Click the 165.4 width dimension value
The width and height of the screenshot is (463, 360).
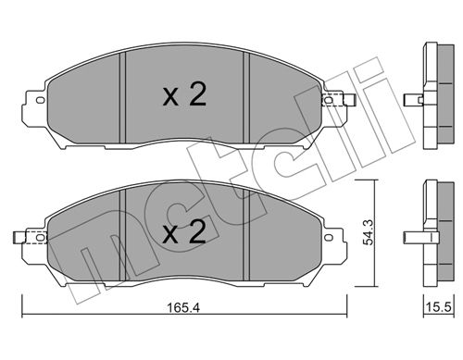click(x=183, y=307)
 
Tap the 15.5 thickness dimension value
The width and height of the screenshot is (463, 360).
click(x=439, y=307)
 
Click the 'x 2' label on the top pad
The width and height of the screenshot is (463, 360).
click(x=184, y=95)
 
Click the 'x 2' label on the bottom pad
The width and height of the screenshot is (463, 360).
click(x=184, y=232)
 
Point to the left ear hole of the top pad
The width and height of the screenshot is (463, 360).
click(x=41, y=100)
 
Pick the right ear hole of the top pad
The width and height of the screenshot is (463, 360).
click(x=329, y=100)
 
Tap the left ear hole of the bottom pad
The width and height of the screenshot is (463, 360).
click(x=41, y=237)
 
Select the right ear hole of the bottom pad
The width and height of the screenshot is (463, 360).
click(x=329, y=237)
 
